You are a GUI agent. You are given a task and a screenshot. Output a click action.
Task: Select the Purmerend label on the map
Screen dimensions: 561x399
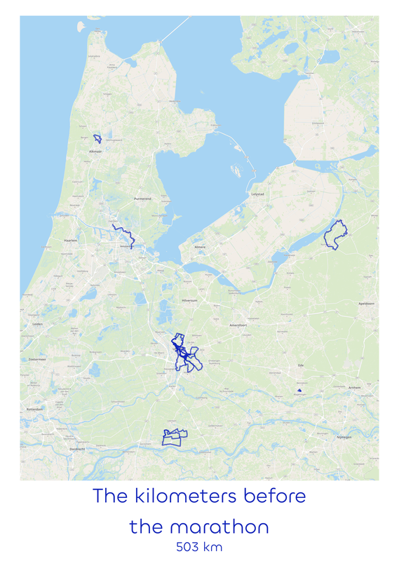point(143,199)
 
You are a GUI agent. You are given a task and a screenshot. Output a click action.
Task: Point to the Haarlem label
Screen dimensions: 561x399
point(50,241)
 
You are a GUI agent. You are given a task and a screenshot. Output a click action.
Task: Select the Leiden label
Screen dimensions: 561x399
point(38,325)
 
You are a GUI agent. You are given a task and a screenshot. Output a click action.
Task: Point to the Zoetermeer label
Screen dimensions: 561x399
point(36,358)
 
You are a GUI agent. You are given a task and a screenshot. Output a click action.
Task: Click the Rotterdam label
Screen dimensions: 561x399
point(35,408)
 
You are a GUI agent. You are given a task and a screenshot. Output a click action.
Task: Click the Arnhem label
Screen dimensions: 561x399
point(355,387)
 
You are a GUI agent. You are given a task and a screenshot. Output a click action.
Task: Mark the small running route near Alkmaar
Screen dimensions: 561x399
point(98,138)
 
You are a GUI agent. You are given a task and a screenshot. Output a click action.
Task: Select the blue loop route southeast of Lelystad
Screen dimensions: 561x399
point(335,234)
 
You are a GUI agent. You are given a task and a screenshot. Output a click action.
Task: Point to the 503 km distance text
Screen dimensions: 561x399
point(200,546)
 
